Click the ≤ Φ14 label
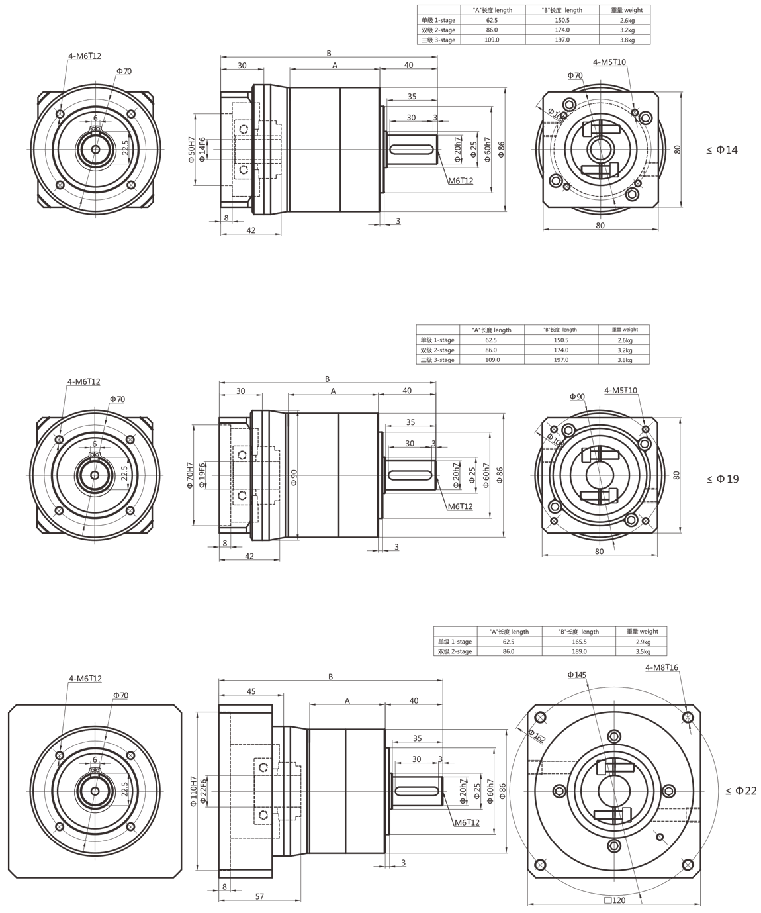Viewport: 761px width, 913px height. tap(721, 150)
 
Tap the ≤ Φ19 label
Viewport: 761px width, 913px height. tap(721, 479)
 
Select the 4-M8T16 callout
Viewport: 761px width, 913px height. tap(662, 667)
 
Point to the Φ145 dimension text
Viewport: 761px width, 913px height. tap(576, 675)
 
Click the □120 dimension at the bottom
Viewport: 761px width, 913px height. tap(615, 900)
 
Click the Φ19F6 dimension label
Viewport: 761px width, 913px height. tap(201, 475)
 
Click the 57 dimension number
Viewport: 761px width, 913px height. tap(259, 896)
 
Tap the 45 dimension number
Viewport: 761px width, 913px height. tap(251, 691)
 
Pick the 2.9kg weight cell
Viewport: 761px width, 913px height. tap(642, 642)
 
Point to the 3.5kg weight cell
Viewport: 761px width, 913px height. tap(642, 651)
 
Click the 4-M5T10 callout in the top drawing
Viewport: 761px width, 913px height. tap(609, 62)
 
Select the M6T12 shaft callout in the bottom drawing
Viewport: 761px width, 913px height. tap(467, 822)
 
